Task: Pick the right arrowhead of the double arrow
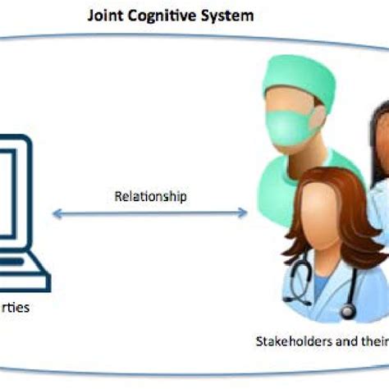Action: click(x=243, y=214)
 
